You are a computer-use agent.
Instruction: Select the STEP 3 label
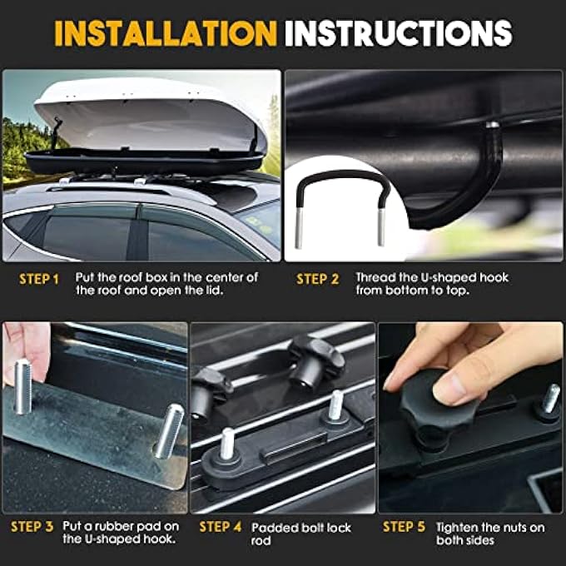(32, 528)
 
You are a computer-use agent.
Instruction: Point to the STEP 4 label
(221, 528)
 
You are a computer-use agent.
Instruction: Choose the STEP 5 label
(405, 528)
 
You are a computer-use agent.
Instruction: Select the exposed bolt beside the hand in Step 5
(550, 399)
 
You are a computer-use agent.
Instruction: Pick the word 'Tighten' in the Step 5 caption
(458, 527)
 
